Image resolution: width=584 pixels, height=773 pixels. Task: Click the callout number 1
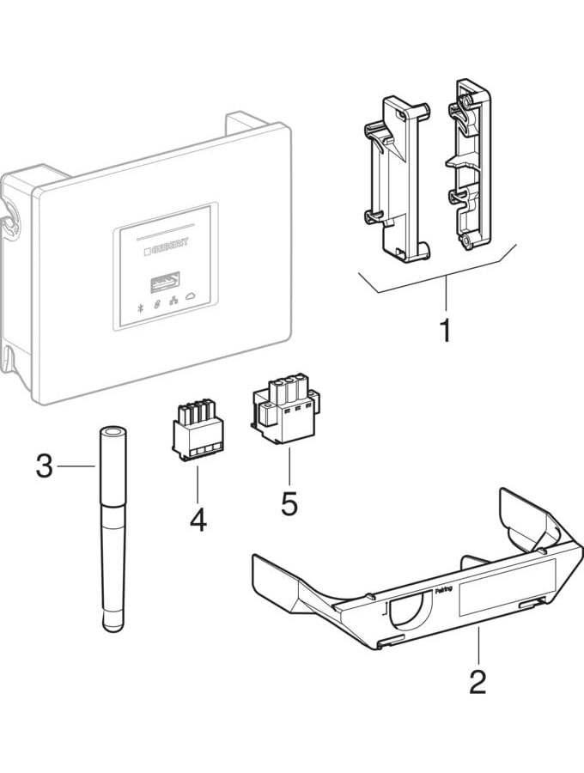(445, 329)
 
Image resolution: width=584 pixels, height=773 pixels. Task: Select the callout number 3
(45, 468)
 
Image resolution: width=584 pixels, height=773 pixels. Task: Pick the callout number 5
(289, 502)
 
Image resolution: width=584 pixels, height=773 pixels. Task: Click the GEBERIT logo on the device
(165, 245)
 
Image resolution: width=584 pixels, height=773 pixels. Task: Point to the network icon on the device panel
(175, 304)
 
